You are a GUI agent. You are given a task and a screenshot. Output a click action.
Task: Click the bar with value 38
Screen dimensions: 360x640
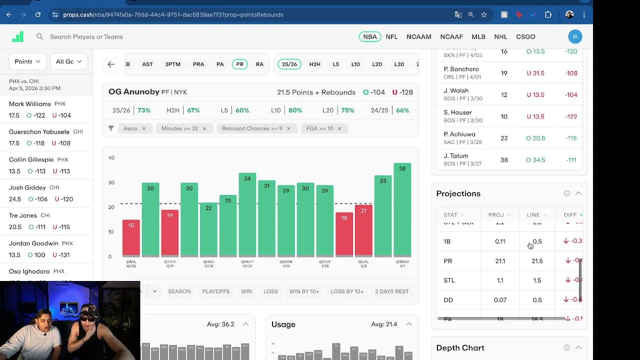coord(402,210)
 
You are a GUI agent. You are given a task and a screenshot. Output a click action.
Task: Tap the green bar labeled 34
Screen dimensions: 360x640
coord(247,215)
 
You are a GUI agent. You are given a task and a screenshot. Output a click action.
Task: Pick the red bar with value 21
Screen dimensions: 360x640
coord(363,230)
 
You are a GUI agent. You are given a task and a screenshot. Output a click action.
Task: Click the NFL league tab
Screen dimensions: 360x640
coord(391,36)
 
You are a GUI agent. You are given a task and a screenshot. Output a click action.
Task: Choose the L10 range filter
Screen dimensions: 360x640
coord(355,64)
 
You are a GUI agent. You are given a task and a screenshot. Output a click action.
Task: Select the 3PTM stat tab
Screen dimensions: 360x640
coord(172,64)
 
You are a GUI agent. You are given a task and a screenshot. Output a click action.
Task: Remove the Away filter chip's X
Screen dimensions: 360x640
coord(143,128)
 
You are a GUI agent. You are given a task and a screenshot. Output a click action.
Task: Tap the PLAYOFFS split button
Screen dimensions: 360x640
coord(216,291)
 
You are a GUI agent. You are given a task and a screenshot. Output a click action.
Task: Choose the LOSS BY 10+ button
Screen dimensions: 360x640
coord(347,291)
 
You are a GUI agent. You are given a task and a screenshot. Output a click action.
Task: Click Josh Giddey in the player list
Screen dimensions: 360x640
coord(27,187)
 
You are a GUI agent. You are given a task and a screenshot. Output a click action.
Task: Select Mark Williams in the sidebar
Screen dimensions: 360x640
coord(30,104)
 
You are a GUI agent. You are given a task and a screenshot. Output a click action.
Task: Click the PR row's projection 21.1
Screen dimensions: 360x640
coord(500,261)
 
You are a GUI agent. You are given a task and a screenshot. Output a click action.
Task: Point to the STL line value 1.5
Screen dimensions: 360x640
coord(537,280)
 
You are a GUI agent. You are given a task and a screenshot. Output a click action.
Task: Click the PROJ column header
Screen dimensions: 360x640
coord(496,215)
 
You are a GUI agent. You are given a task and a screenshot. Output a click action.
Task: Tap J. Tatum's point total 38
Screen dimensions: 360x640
coord(504,160)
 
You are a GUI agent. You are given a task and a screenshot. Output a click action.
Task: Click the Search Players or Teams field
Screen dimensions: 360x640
coord(86,36)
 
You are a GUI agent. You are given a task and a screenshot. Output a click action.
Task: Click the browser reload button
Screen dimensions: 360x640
coord(38,14)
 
